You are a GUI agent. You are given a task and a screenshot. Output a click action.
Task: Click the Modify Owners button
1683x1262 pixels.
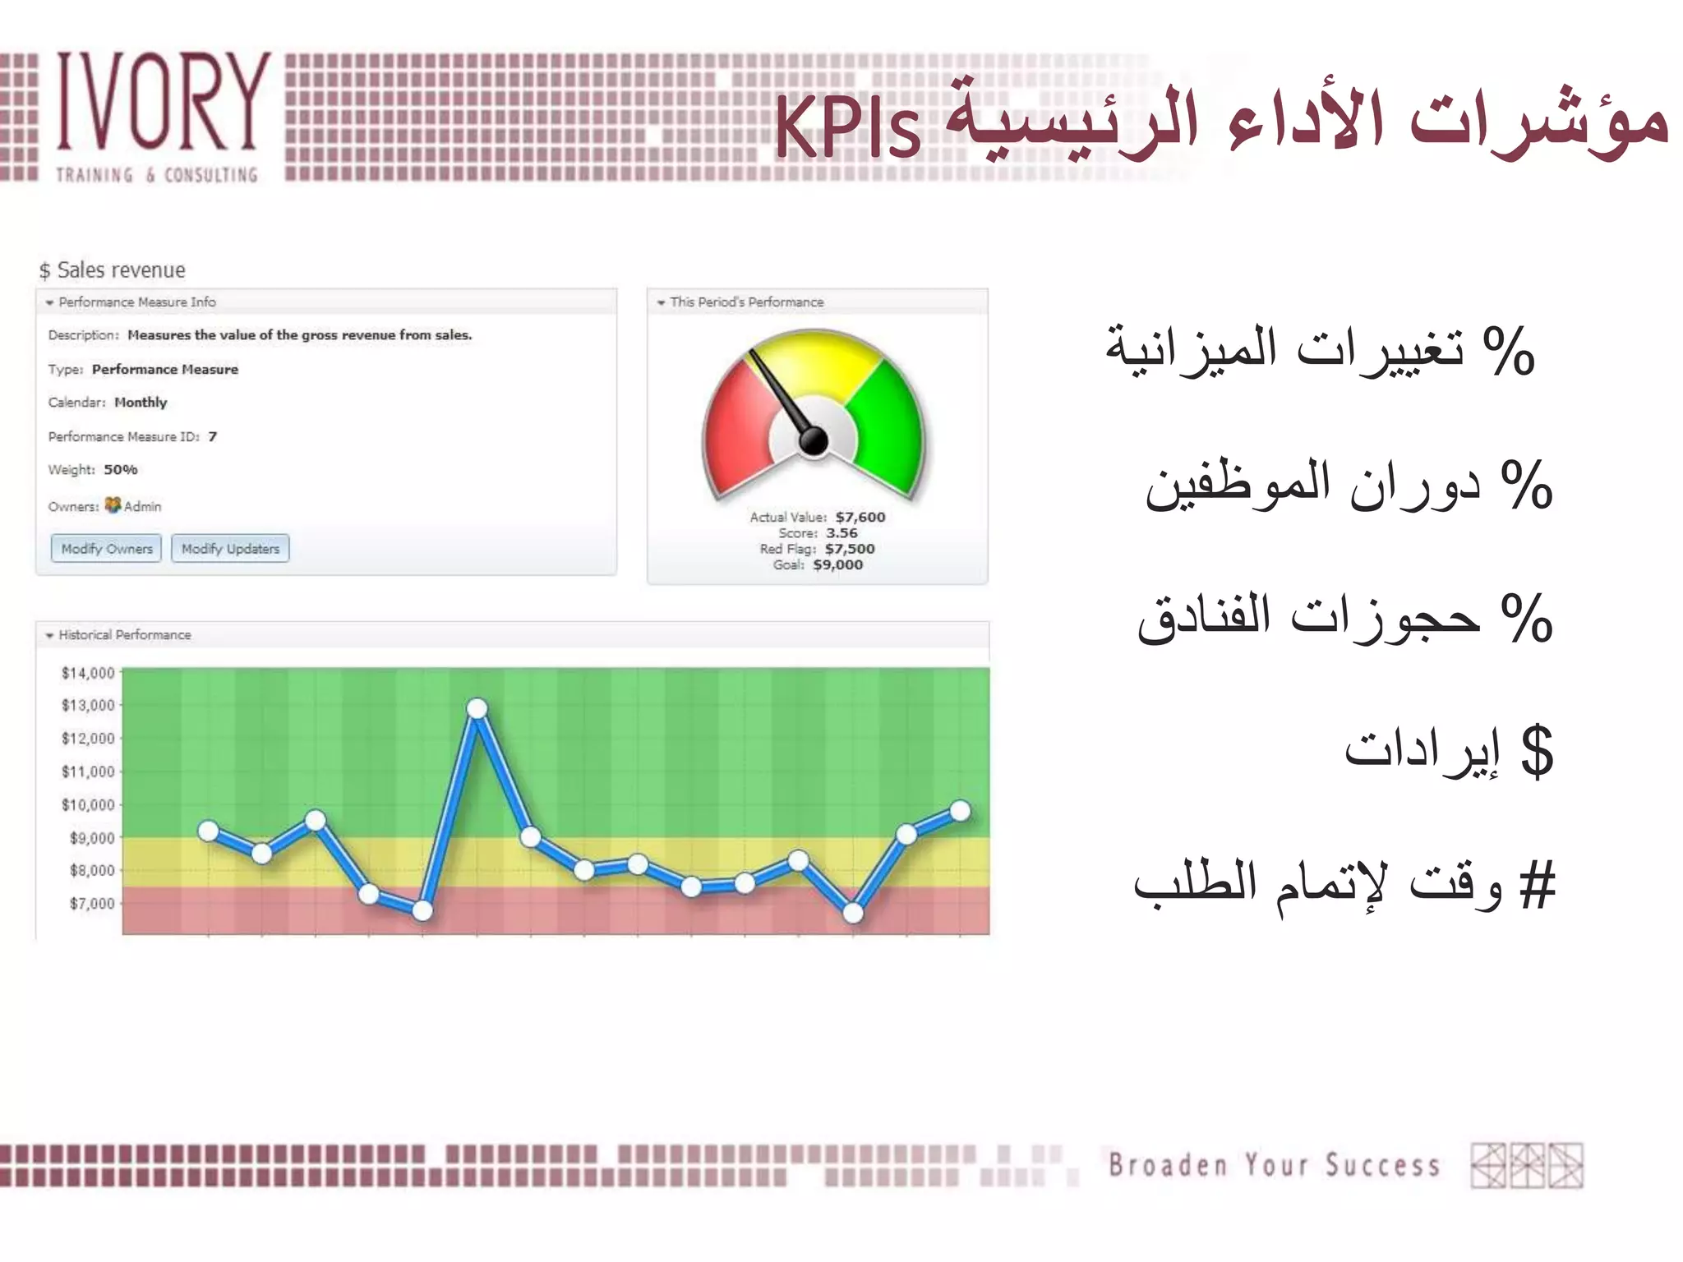coord(106,548)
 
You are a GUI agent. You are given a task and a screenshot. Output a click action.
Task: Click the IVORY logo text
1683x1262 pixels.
coord(163,103)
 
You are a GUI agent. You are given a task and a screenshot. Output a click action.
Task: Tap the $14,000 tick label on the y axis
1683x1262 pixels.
coord(88,673)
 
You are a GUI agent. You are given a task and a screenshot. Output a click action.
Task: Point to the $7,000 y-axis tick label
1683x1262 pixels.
coord(92,903)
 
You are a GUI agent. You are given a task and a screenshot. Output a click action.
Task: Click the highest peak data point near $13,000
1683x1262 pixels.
coord(477,708)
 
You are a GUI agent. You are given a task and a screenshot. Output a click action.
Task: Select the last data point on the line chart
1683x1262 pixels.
coord(960,811)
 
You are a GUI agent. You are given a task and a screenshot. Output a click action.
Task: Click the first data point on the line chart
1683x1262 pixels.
coord(209,831)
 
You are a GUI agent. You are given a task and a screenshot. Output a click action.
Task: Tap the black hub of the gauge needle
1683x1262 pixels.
coord(814,441)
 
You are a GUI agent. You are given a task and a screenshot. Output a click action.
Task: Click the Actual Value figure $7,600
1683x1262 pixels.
coord(860,517)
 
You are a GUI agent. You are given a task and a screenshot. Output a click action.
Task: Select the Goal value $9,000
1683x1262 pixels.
coord(837,564)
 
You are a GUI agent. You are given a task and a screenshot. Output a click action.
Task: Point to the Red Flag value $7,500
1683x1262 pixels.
coord(850,549)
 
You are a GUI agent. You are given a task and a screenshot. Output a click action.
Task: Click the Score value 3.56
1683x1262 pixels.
coord(841,532)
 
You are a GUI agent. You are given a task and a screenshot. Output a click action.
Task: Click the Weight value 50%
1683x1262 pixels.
coord(120,469)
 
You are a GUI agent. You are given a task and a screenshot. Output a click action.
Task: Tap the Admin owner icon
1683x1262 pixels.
coord(113,505)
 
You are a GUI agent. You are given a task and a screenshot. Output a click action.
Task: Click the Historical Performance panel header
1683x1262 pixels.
coord(124,634)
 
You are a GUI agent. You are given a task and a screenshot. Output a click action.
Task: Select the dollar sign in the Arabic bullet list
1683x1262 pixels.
coord(1536,752)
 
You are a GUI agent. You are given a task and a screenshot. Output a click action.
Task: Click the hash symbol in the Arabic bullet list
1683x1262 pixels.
coord(1538,887)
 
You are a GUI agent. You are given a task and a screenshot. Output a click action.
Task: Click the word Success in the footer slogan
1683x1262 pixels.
coord(1381,1165)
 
